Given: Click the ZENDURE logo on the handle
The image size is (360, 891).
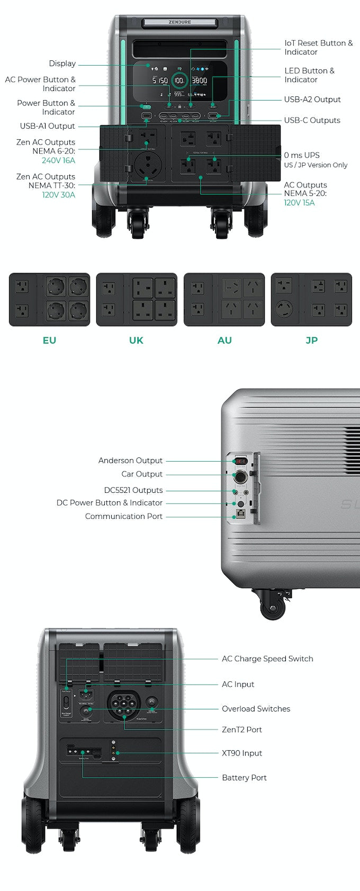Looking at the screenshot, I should tap(180, 22).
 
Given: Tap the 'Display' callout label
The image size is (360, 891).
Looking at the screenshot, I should tap(62, 64).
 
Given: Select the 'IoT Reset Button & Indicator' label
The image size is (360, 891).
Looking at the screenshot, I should tap(318, 48).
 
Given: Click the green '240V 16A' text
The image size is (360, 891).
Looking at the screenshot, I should tap(58, 160).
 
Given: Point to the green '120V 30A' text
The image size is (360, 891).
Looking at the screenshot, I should tap(58, 195).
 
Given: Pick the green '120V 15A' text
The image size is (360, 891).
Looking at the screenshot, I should tap(299, 203).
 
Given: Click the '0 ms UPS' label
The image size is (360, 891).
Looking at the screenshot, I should tap(302, 155).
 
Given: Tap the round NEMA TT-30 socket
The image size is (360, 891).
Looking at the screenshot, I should tap(147, 165).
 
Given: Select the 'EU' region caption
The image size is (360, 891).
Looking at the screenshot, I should tap(49, 340).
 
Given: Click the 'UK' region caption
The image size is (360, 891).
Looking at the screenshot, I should tap(136, 340).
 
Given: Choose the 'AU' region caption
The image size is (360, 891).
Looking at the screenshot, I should tap(224, 340).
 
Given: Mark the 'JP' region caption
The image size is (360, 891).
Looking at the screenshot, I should tap(311, 340).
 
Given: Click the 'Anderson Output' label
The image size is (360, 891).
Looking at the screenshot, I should tap(130, 461).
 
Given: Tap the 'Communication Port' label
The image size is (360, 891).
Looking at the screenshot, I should tap(123, 516).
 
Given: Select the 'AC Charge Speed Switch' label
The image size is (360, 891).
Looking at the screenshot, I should tap(267, 659).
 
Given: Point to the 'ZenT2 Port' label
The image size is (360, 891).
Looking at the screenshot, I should tap(241, 730).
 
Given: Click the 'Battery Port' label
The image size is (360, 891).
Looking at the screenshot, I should tap(244, 778).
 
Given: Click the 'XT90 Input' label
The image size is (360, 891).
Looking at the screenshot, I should tap(241, 753).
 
